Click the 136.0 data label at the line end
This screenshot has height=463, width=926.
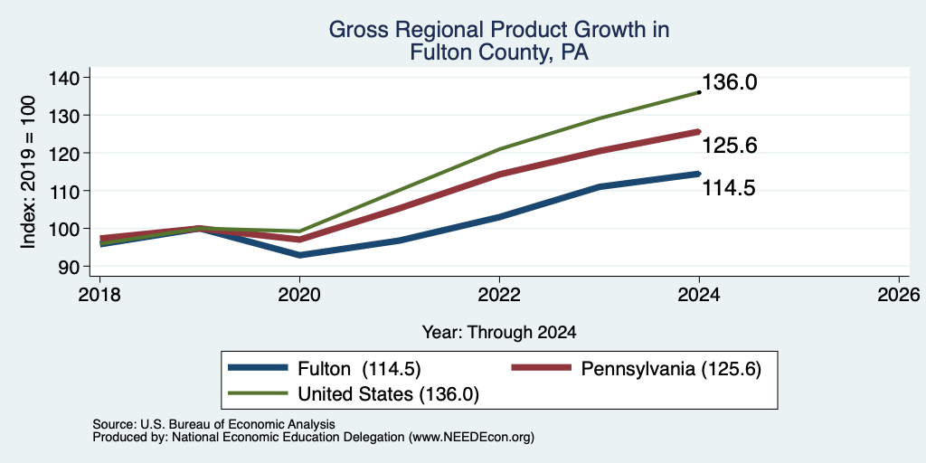[x=730, y=82]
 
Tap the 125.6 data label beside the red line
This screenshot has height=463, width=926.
[x=730, y=146]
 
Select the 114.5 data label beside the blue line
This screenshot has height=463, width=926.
[x=730, y=188]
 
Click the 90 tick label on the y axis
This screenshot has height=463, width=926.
[x=78, y=267]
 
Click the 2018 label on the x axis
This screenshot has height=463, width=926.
[x=99, y=295]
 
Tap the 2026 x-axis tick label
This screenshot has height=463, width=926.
[x=899, y=295]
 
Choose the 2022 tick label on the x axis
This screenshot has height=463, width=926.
[x=499, y=295]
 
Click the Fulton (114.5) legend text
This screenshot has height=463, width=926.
[x=359, y=369]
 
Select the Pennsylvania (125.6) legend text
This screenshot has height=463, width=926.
[x=671, y=369]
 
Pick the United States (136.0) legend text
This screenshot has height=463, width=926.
[x=388, y=394]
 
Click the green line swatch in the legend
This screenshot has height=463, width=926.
[x=258, y=393]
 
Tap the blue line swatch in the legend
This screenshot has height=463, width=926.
[x=258, y=368]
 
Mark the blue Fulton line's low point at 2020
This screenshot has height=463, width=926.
[x=300, y=255]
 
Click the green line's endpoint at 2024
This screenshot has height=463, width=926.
[x=699, y=92]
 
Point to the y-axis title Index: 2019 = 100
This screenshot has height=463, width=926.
[x=28, y=173]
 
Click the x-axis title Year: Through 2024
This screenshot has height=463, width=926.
[x=499, y=333]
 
